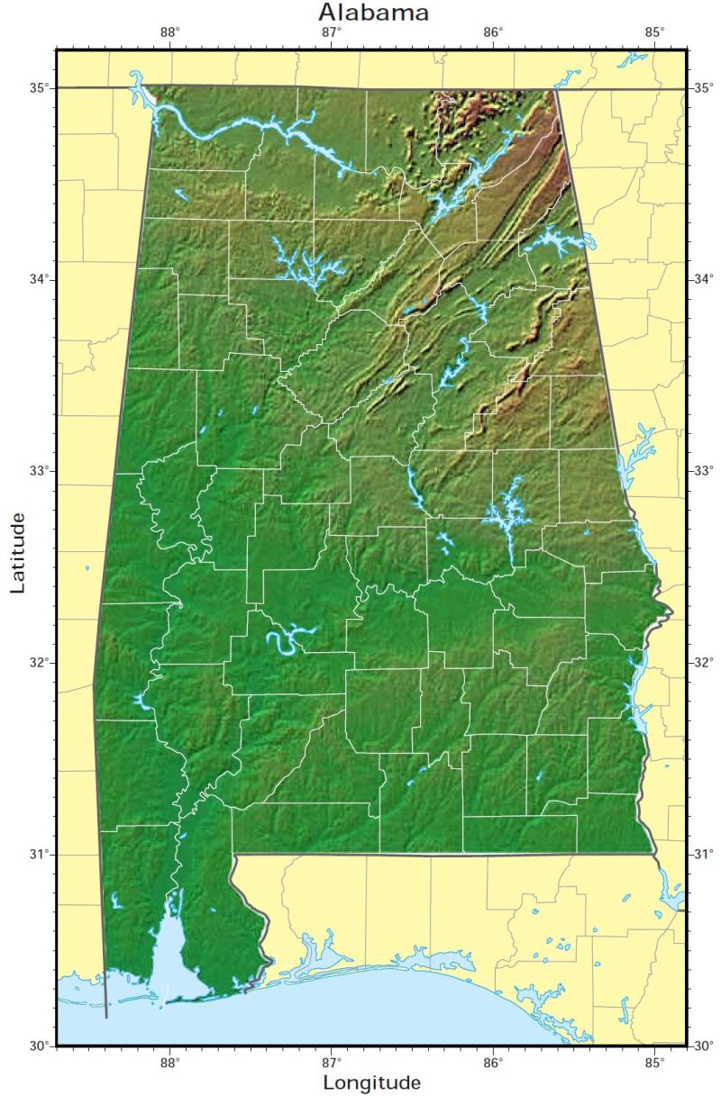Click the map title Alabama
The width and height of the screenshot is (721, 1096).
[x=373, y=13]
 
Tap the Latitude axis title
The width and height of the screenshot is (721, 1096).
[x=18, y=552]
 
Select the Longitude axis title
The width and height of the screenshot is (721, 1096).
[x=372, y=1082]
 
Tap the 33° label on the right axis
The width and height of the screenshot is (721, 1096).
[x=702, y=470]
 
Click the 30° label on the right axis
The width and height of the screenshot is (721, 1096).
[x=702, y=1046]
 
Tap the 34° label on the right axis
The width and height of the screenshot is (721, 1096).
[x=702, y=279]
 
